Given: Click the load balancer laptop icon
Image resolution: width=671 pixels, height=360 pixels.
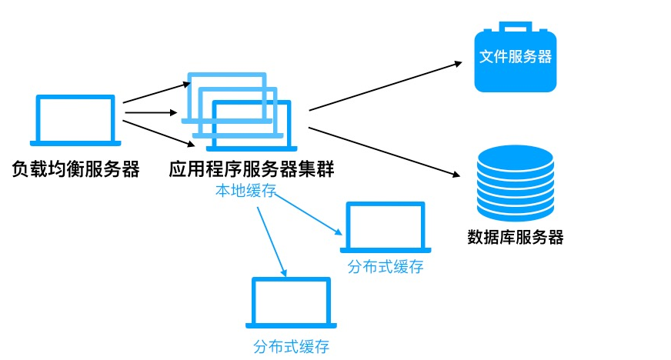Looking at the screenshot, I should pyautogui.click(x=75, y=120).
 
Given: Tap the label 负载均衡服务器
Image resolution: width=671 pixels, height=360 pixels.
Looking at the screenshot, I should pyautogui.click(x=75, y=169).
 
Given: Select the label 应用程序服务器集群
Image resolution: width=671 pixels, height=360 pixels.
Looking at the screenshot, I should pyautogui.click(x=251, y=169).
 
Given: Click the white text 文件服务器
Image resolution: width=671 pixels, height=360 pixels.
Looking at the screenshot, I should pyautogui.click(x=516, y=57).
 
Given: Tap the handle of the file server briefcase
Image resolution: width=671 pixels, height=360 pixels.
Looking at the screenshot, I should pyautogui.click(x=516, y=27).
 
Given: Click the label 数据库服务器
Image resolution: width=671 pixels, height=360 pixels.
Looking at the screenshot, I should pyautogui.click(x=516, y=237).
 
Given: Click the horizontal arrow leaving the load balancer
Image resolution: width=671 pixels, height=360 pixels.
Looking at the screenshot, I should pyautogui.click(x=150, y=113).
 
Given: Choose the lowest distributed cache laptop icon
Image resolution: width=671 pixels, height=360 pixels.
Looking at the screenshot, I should pyautogui.click(x=291, y=303).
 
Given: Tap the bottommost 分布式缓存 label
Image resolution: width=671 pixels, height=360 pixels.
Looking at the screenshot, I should pyautogui.click(x=291, y=346).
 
